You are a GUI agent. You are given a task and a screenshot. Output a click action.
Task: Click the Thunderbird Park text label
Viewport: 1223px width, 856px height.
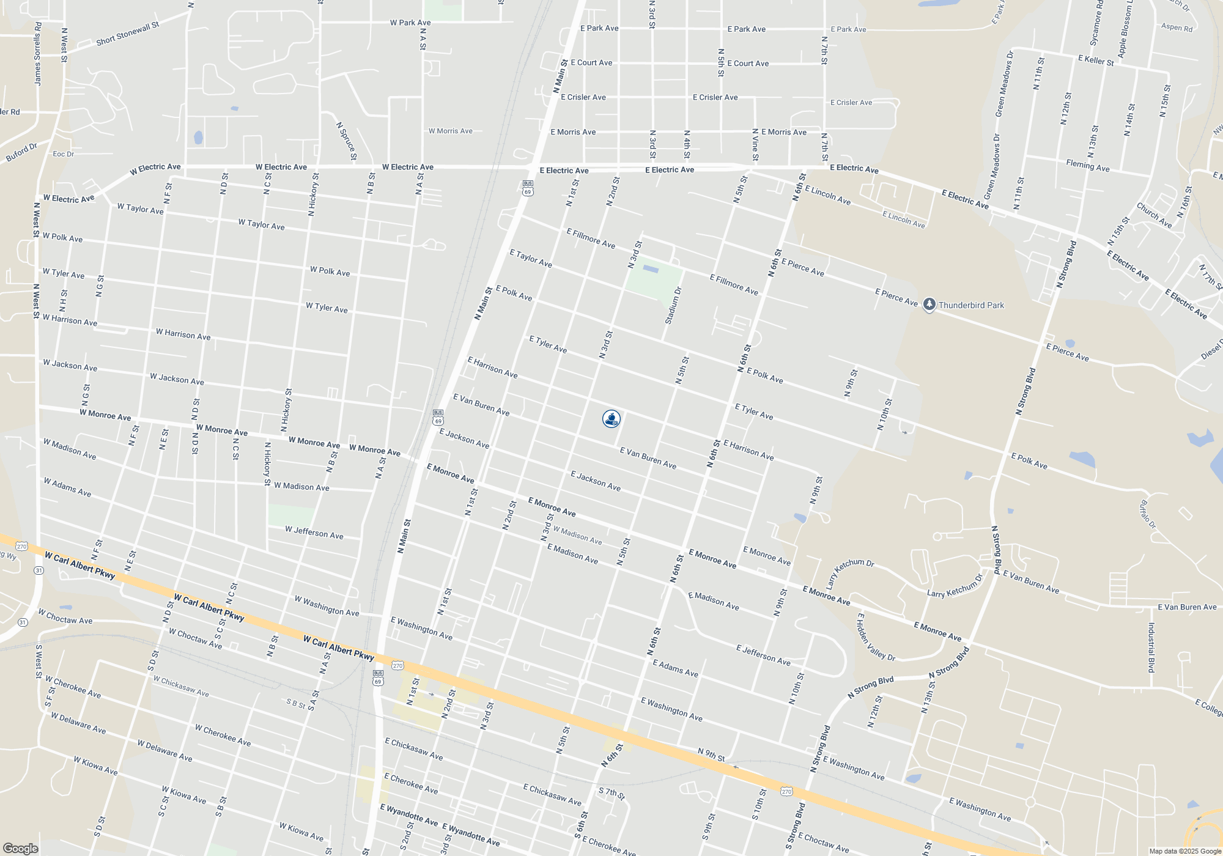pos(971,305)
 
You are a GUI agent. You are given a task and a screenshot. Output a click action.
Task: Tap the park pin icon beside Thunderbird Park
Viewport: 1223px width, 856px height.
pos(929,304)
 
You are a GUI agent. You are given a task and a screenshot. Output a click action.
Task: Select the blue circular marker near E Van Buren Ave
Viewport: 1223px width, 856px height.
pos(611,419)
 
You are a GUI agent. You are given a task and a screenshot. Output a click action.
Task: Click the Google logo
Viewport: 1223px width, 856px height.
pos(20,849)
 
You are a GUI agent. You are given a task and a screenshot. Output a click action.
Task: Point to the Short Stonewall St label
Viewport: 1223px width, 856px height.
pos(127,34)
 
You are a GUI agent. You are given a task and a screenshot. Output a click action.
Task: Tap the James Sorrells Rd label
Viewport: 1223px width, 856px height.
pos(38,54)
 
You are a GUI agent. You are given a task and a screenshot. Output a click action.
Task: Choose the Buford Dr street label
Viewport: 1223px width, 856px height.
pos(21,152)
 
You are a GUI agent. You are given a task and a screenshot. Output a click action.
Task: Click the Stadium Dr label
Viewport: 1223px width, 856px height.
pos(673,306)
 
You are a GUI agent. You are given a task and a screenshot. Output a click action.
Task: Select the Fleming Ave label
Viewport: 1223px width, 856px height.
pos(1087,165)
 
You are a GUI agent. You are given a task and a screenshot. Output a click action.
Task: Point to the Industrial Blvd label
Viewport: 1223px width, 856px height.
pos(1151,648)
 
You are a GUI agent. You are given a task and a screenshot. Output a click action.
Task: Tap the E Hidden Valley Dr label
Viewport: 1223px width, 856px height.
pos(876,638)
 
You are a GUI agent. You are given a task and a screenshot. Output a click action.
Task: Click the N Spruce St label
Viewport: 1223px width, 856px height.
pos(346,141)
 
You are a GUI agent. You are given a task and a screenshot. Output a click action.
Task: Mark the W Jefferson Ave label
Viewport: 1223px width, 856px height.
pos(314,533)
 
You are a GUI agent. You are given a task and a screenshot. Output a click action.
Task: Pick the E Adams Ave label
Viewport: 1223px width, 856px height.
pos(675,668)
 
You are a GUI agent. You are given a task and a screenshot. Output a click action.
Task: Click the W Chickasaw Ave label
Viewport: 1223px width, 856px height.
pos(181,686)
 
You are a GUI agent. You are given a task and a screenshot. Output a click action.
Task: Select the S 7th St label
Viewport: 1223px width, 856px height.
pos(611,794)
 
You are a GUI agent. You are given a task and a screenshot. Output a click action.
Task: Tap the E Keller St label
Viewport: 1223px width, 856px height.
pos(1096,61)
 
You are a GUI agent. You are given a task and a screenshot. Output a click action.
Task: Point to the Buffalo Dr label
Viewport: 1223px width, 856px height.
pos(1148,514)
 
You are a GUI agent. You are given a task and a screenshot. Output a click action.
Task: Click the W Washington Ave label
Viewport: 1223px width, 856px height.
pos(327,605)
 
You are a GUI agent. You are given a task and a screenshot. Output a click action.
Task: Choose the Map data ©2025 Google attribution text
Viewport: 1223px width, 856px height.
pos(1184,851)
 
